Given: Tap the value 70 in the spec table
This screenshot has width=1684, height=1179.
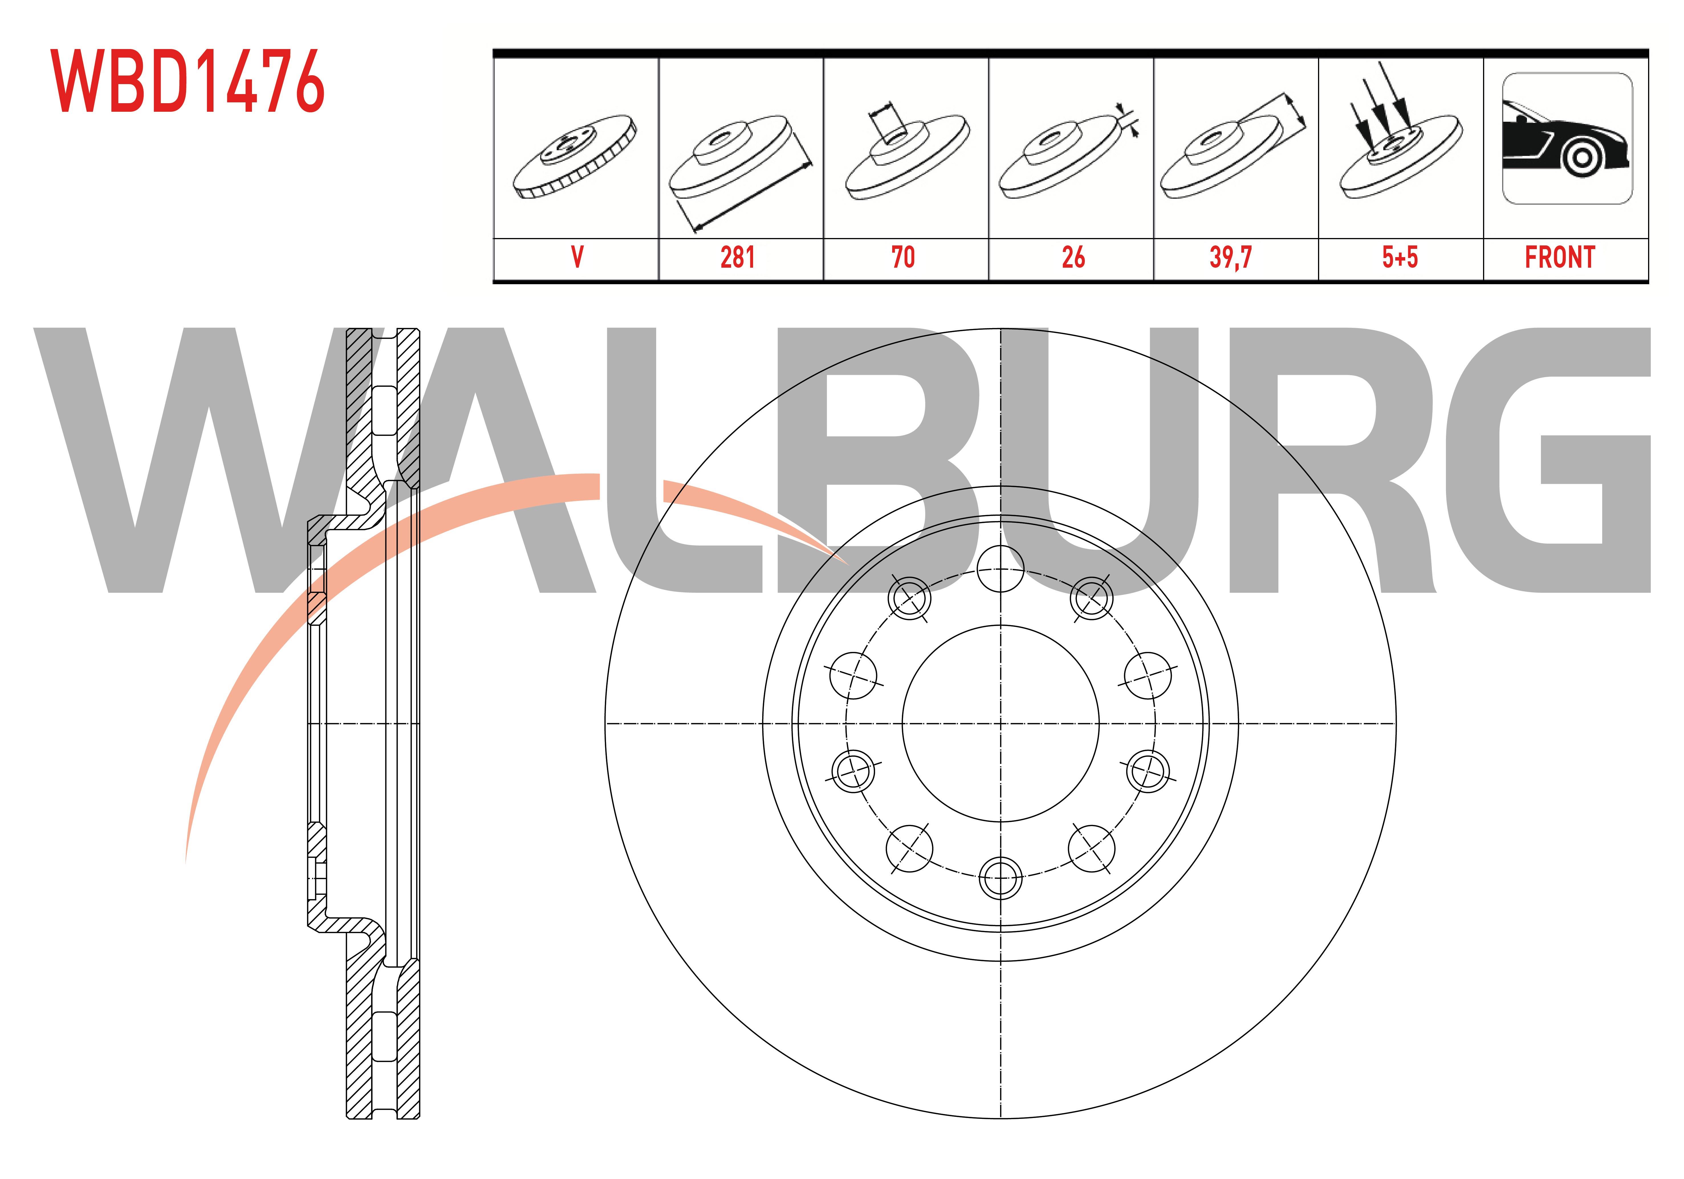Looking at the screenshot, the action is (x=903, y=257).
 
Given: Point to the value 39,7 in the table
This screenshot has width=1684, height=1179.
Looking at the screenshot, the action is (x=1231, y=257).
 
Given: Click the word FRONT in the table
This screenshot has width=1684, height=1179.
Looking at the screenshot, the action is (x=1560, y=257).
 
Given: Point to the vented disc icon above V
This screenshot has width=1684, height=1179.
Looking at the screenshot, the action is (x=575, y=156).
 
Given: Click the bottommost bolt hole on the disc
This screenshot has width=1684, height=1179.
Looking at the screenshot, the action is (x=1000, y=877).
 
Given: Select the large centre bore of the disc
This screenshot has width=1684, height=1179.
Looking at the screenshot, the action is (x=1000, y=723).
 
